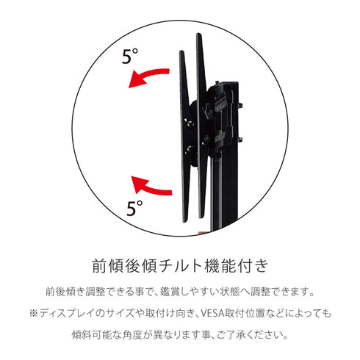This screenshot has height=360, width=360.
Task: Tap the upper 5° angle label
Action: click(130, 57)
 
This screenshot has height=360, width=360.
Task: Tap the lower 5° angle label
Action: click(134, 208)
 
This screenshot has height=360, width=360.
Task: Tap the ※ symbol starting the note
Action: click(33, 314)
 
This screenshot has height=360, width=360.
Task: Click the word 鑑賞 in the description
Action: click(170, 292)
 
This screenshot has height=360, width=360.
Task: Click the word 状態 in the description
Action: click(228, 292)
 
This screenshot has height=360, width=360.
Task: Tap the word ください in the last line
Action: click(264, 335)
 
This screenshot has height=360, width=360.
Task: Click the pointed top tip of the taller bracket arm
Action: click(198, 35)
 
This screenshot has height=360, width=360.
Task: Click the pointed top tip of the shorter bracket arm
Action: click(181, 51)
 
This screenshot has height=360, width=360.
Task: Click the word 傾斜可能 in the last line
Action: click(91, 335)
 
